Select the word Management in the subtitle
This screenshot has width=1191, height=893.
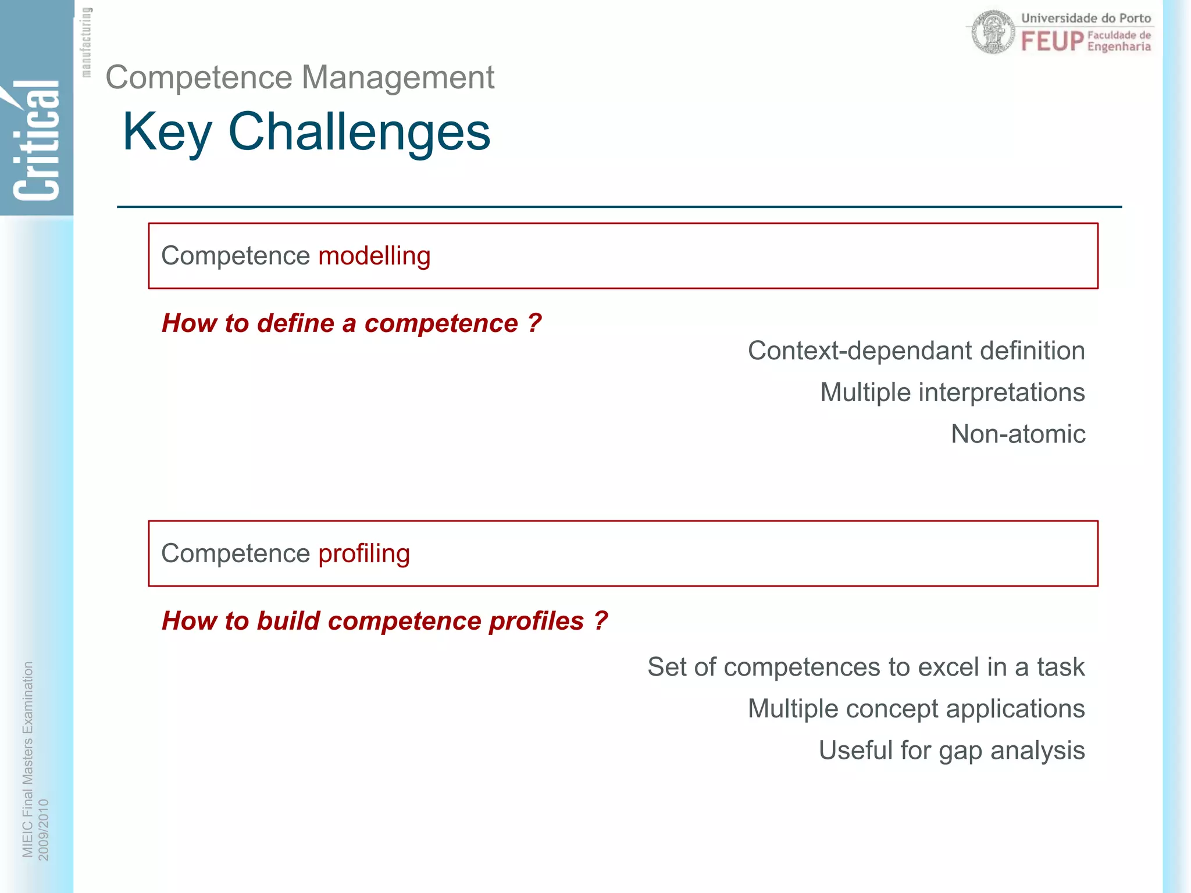tap(398, 77)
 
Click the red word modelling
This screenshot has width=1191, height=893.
tap(375, 256)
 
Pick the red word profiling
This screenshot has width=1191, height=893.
tap(364, 553)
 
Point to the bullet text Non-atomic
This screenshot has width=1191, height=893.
tap(1018, 434)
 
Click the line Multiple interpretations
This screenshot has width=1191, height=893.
tap(952, 392)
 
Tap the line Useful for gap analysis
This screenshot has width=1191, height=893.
tap(951, 750)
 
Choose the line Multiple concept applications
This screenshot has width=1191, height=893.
tap(916, 709)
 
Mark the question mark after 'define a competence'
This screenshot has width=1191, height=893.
tap(534, 323)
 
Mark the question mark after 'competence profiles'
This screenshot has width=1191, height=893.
tap(601, 620)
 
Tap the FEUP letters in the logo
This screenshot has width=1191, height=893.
tap(1052, 42)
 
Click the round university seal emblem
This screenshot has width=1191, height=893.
tap(993, 33)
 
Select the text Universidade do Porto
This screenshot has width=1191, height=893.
tap(1086, 18)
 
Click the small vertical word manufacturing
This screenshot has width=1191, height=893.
tap(86, 42)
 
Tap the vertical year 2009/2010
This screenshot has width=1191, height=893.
tap(44, 829)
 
